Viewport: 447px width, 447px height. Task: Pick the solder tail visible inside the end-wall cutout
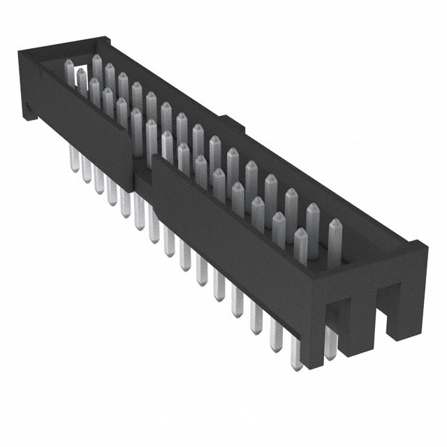[330, 342]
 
